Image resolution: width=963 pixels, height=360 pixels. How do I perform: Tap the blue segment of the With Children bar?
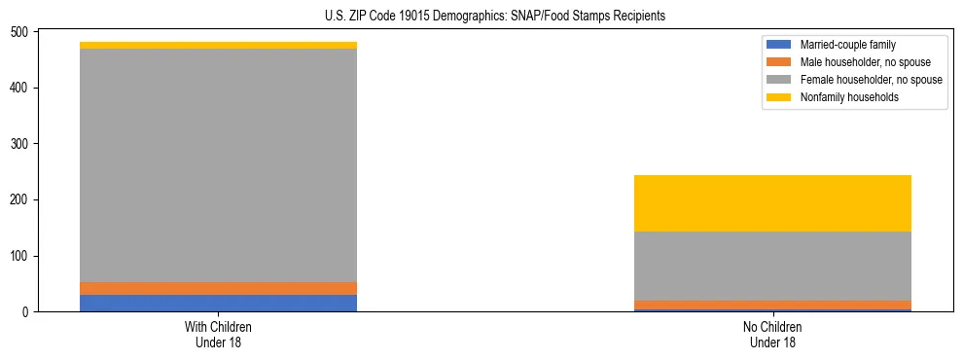pos(218,303)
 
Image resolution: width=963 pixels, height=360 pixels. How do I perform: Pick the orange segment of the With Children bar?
pos(218,288)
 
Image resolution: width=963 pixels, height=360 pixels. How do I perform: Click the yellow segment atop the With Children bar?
pos(218,45)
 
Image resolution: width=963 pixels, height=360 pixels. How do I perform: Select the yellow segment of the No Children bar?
pos(772,203)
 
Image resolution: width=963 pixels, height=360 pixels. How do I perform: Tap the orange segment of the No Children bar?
pos(772,305)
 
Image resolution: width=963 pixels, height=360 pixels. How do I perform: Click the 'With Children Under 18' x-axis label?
pos(218,334)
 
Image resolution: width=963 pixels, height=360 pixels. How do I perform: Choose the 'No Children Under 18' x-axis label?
pos(772,334)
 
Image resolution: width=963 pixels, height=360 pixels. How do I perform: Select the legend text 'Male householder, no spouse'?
pos(860,62)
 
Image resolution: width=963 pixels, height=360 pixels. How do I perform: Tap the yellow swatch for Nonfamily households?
pos(779,97)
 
